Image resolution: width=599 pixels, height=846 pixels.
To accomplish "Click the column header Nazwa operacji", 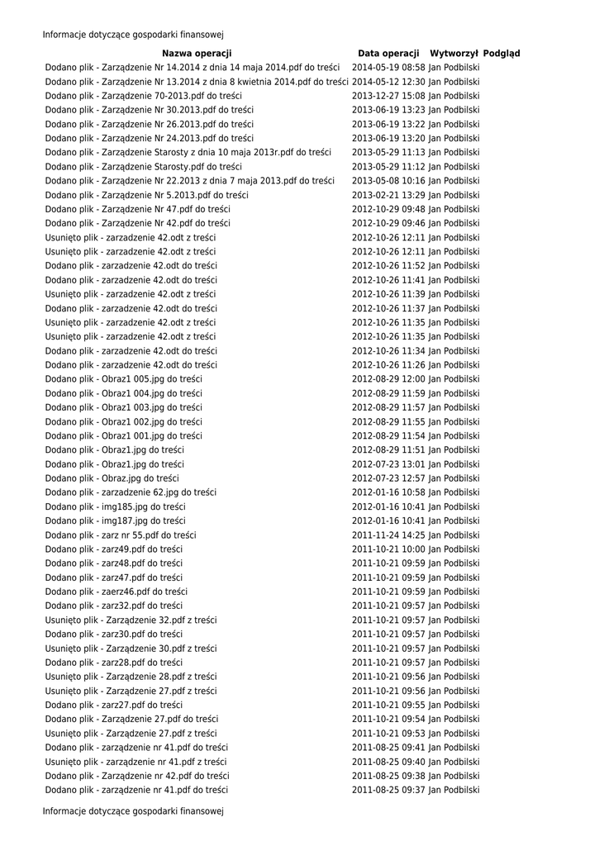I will point(197,53).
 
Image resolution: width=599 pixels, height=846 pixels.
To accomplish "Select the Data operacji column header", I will point(388,53).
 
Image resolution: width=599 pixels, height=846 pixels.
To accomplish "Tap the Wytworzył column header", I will point(454,53).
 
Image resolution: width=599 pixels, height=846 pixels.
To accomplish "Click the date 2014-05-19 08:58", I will point(388,67).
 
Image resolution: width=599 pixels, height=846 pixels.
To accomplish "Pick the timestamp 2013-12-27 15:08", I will point(388,95).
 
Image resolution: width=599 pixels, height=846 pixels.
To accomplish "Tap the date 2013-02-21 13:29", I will point(388,194).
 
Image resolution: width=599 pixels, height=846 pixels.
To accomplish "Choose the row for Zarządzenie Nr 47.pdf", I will point(137,208).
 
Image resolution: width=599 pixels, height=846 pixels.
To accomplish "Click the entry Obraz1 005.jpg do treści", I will point(123,378).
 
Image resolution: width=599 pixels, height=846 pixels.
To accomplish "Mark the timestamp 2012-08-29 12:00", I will point(388,378).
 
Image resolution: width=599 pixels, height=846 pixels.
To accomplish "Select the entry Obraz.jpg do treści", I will point(112,478).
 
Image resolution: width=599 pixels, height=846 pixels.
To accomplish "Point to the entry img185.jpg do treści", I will point(115,506).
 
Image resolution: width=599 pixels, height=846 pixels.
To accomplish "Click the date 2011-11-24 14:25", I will point(388,535).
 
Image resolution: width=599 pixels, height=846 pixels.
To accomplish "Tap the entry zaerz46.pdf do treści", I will point(116,591).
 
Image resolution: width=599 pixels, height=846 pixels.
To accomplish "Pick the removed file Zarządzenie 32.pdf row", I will point(131,620).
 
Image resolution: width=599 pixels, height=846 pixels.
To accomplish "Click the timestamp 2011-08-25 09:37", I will point(388,790).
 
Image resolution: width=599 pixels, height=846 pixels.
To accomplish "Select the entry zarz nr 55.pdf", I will point(121,535).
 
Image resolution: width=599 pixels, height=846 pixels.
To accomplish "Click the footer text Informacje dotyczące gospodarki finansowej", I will point(133,811).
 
